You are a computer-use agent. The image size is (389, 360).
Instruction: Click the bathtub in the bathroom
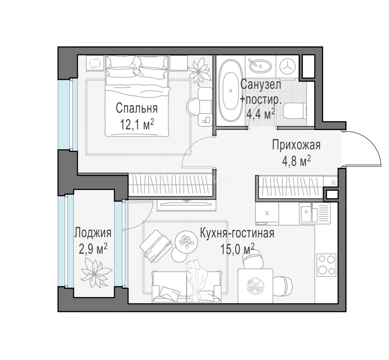(x=231, y=91)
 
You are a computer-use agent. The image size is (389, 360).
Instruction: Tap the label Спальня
(x=137, y=108)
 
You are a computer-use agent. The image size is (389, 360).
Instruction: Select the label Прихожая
(x=296, y=145)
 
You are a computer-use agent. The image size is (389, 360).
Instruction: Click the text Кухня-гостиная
(x=237, y=233)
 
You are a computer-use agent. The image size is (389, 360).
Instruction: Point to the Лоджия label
(x=93, y=233)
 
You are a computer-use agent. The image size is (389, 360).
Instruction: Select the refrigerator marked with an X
(x=267, y=213)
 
